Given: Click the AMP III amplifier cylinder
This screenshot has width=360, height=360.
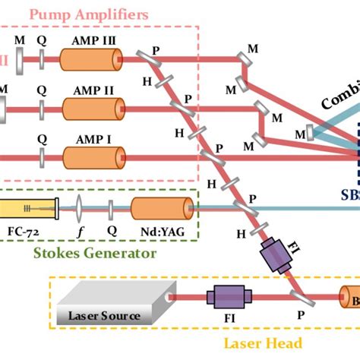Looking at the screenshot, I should pyautogui.click(x=92, y=58).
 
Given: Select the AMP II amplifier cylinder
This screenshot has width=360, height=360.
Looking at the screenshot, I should pyautogui.click(x=92, y=108).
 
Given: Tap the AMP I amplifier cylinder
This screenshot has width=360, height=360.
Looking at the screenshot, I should pyautogui.click(x=92, y=157).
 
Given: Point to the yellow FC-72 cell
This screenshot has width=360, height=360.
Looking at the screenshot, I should pyautogui.click(x=27, y=207).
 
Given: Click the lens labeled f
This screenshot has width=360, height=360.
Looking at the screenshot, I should pyautogui.click(x=80, y=207).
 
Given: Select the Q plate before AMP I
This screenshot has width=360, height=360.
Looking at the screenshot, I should pyautogui.click(x=42, y=158).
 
